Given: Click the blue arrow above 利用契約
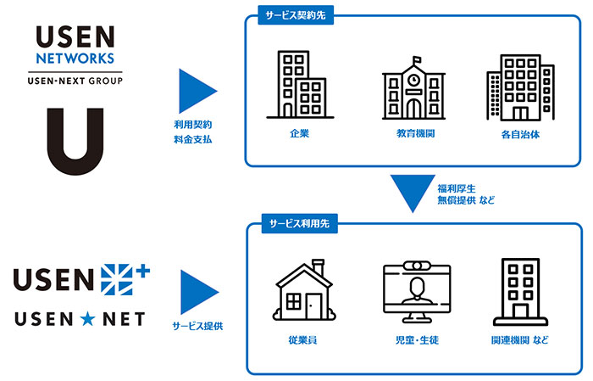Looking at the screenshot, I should pyautogui.click(x=197, y=89).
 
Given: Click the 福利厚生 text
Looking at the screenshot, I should pyautogui.click(x=457, y=188).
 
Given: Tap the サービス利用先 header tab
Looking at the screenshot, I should pyautogui.click(x=293, y=222).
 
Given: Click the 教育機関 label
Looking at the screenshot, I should pyautogui.click(x=414, y=134).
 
